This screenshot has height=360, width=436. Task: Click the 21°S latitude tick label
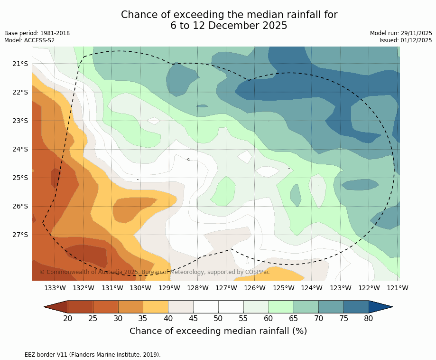click(19, 64)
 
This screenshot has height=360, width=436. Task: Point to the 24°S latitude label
click(19, 149)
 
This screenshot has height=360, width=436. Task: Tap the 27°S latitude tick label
click(19, 235)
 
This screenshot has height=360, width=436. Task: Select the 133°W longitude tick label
click(55, 288)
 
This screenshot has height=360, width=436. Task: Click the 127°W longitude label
click(226, 288)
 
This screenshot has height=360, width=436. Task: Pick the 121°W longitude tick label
click(398, 288)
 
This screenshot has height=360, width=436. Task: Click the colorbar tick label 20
click(68, 318)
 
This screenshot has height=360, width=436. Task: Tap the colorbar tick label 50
click(218, 318)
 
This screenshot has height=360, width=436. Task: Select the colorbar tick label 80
click(369, 318)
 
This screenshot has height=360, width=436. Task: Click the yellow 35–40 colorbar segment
click(156, 307)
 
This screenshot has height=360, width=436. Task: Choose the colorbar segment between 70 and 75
click(331, 307)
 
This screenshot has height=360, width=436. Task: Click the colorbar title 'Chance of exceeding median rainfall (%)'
click(218, 331)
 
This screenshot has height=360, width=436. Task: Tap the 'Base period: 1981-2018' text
click(37, 33)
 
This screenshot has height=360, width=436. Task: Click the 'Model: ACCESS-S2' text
click(29, 40)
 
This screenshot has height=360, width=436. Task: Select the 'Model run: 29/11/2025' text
click(401, 33)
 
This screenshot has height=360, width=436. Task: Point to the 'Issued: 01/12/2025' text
click(406, 40)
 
